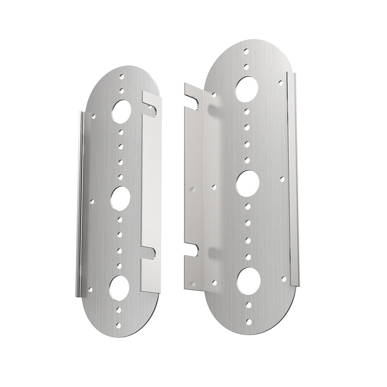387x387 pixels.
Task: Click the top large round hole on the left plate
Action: pyautogui.click(x=122, y=110)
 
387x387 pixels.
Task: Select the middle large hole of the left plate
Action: pyautogui.click(x=120, y=198)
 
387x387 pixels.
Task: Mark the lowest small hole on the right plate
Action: pyautogui.click(x=249, y=322)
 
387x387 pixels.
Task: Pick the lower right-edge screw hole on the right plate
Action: pyautogui.click(x=284, y=278)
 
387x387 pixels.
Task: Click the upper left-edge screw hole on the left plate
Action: pyautogui.click(x=94, y=115)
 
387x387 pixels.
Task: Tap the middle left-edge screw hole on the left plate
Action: pyautogui.click(x=92, y=201)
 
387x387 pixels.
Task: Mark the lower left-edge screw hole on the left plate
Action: pyautogui.click(x=90, y=289)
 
